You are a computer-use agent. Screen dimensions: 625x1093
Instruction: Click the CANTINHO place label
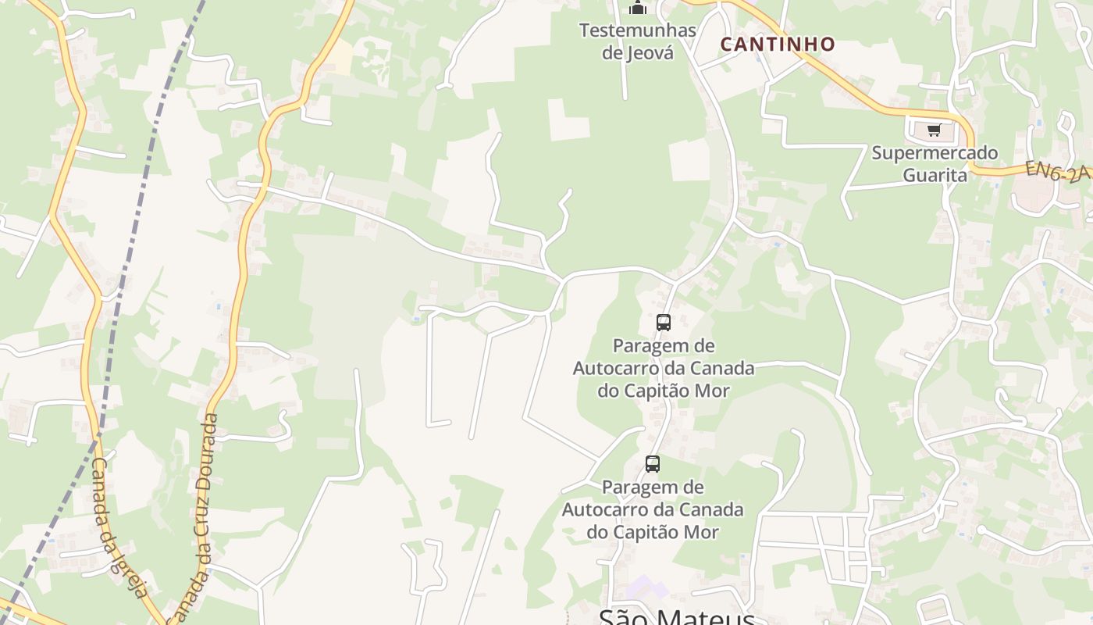(778, 45)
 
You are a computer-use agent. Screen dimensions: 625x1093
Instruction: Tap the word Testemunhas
(637, 31)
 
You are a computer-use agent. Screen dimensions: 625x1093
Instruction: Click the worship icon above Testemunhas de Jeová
(638, 8)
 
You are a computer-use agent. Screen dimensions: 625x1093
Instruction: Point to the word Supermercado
(935, 153)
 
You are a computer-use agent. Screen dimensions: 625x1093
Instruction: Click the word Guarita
(935, 175)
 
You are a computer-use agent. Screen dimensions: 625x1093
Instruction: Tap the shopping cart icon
(934, 130)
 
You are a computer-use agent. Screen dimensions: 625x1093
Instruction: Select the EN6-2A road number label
(1058, 172)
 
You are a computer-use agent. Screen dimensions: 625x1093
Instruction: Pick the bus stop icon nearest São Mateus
(653, 464)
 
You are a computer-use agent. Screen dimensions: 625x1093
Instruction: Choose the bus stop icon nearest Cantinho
(664, 322)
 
